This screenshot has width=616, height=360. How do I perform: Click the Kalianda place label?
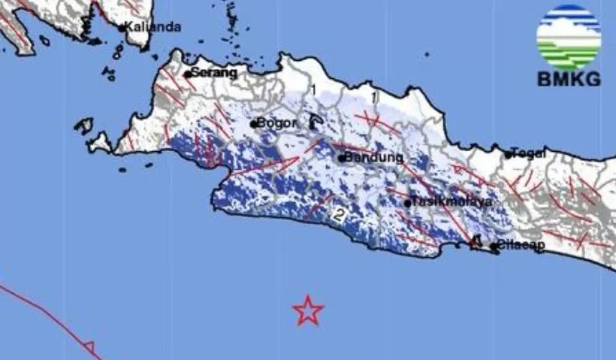tap(153, 27)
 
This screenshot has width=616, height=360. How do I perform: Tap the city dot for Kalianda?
tap(122, 28)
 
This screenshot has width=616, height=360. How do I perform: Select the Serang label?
tap(214, 73)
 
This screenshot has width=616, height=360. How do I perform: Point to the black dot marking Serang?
tap(187, 74)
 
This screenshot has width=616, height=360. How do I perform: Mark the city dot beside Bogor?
tap(254, 123)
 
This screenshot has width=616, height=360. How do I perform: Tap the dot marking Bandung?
tap(341, 159)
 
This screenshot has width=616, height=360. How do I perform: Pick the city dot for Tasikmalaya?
tap(408, 203)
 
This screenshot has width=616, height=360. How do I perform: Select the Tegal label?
tap(529, 153)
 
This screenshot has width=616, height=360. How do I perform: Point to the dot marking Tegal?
tap(509, 155)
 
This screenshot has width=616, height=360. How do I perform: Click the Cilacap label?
tap(521, 246)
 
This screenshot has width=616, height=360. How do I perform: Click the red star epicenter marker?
tap(307, 310)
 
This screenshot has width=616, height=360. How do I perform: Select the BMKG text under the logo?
tap(569, 80)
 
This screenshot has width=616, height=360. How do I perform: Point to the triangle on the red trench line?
tap(89, 346)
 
